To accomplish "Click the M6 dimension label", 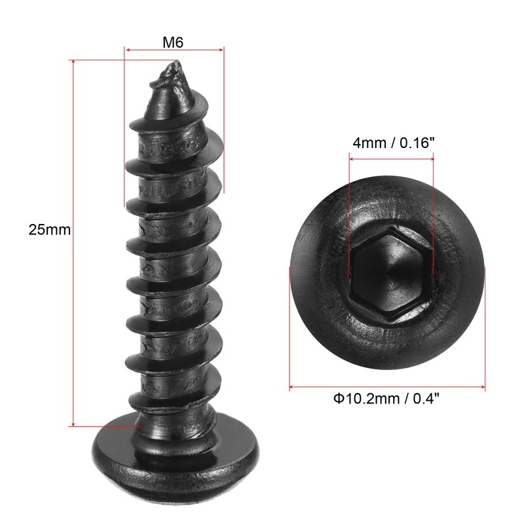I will pyautogui.click(x=173, y=42).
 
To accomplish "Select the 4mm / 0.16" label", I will pyautogui.click(x=393, y=143).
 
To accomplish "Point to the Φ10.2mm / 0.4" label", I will pyautogui.click(x=386, y=398).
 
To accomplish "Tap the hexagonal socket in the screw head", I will pyautogui.click(x=391, y=271).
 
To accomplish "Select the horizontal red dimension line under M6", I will pyautogui.click(x=174, y=49).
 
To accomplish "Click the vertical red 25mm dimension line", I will pyautogui.click(x=74, y=242).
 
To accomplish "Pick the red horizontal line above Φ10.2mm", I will pyautogui.click(x=387, y=387).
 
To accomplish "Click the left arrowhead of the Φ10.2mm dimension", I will pyautogui.click(x=292, y=387).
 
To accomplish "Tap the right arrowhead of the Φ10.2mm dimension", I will pyautogui.click(x=482, y=387).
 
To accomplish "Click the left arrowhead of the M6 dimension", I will pyautogui.click(x=128, y=49).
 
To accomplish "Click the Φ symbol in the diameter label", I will pyautogui.click(x=338, y=398).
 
